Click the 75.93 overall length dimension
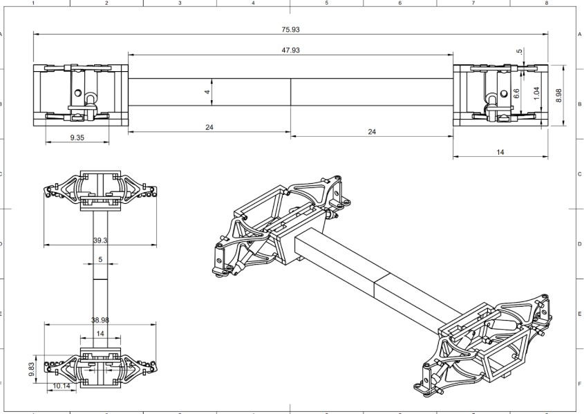click(x=290, y=30)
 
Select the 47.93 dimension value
click(x=290, y=50)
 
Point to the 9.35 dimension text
click(x=77, y=138)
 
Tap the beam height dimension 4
click(x=207, y=92)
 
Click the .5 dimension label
click(x=519, y=53)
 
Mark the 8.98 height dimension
click(x=558, y=95)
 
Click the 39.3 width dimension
click(x=100, y=240)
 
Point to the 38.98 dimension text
click(x=101, y=320)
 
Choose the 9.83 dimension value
click(x=32, y=370)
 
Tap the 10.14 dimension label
click(x=62, y=386)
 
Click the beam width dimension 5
click(x=101, y=260)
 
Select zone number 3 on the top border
click(x=180, y=3)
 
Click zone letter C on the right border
click(x=579, y=174)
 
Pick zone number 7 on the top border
click(x=473, y=3)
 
